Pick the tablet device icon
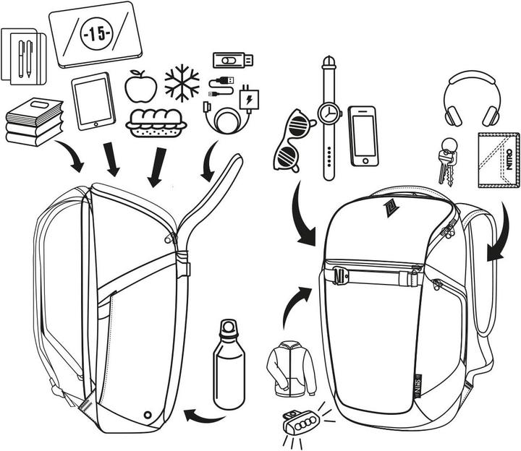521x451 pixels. (x=93, y=101)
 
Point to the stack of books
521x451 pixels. (x=33, y=122)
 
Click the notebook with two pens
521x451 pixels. (x=23, y=56)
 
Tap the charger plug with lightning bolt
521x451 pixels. (x=249, y=98)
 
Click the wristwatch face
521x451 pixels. (x=329, y=113)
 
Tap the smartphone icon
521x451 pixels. (x=362, y=137)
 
